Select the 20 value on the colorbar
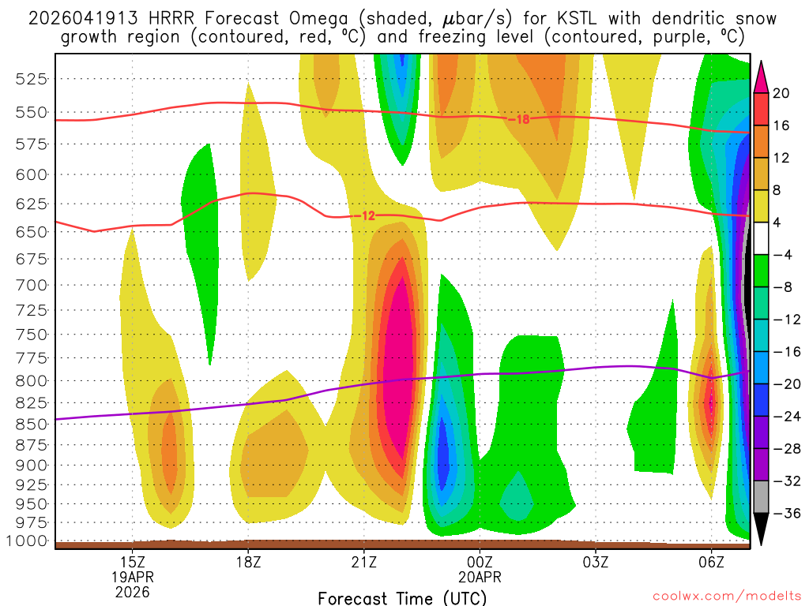[x=781, y=93]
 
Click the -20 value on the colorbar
[x=784, y=383]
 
